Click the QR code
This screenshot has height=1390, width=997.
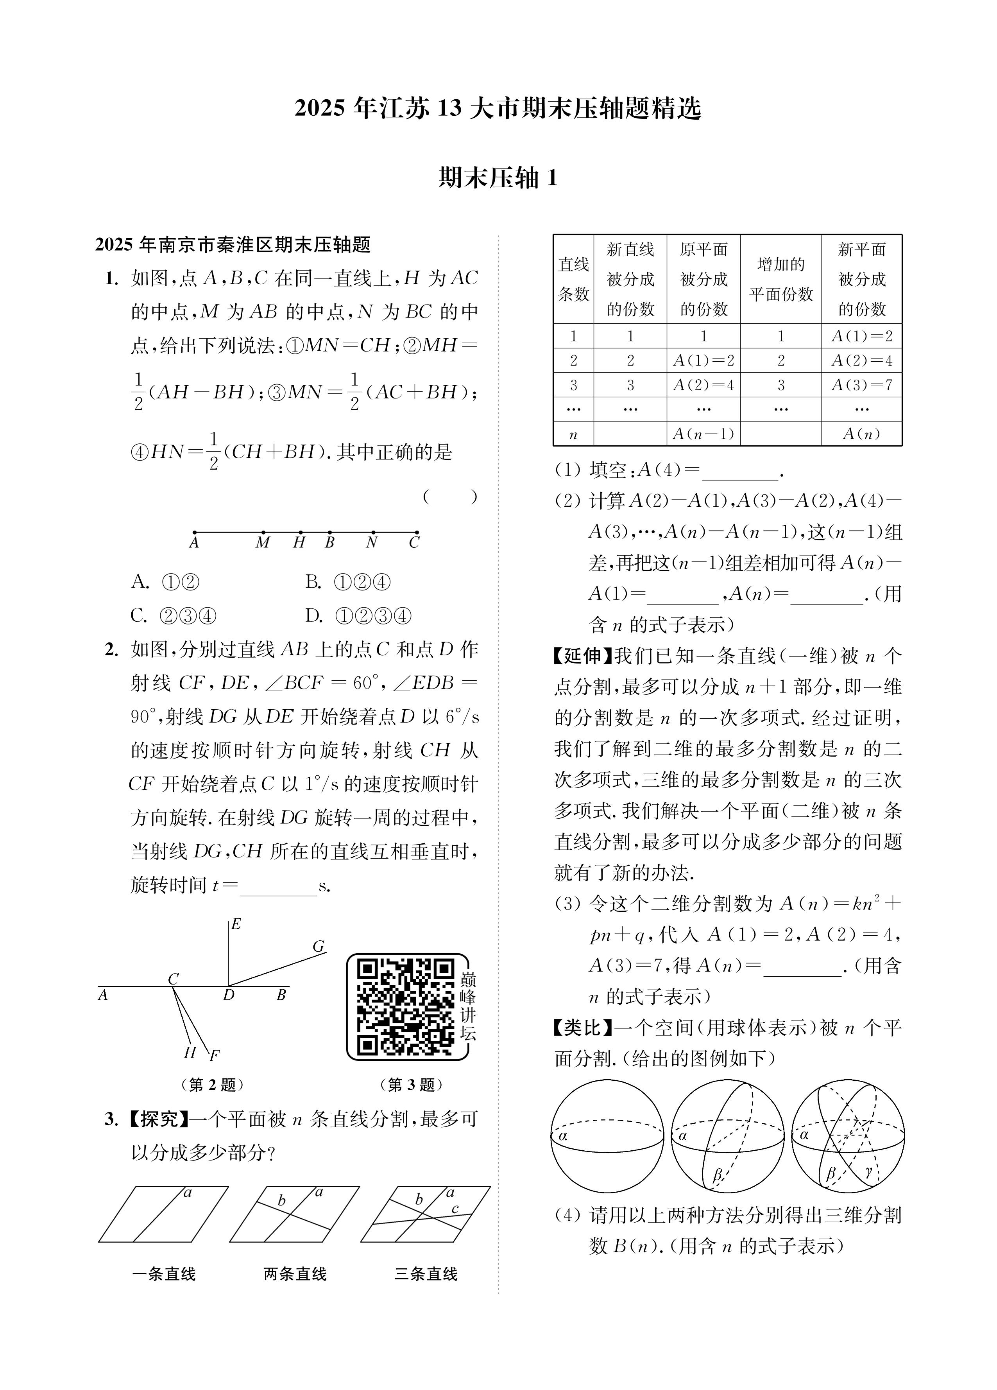click(406, 1006)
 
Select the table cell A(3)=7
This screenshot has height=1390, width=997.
click(861, 385)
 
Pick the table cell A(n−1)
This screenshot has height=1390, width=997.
click(703, 434)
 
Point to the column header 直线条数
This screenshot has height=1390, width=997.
click(573, 279)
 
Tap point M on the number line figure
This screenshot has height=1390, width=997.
click(263, 533)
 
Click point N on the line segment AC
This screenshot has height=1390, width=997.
click(372, 533)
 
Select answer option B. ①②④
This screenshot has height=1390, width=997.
click(348, 582)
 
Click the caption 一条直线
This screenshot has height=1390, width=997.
click(164, 1274)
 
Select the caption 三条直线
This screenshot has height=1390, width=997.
click(426, 1274)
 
